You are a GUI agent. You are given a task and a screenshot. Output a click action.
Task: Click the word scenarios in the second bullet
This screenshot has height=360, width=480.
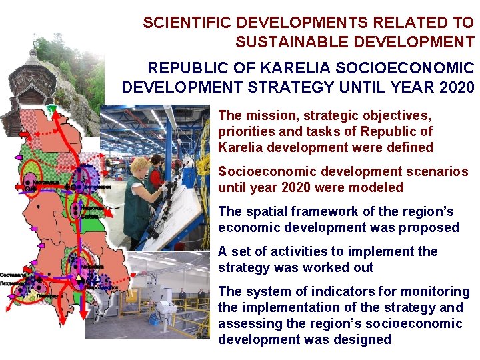(437, 171)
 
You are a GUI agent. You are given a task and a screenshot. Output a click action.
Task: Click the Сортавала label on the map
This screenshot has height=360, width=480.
(13, 274)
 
